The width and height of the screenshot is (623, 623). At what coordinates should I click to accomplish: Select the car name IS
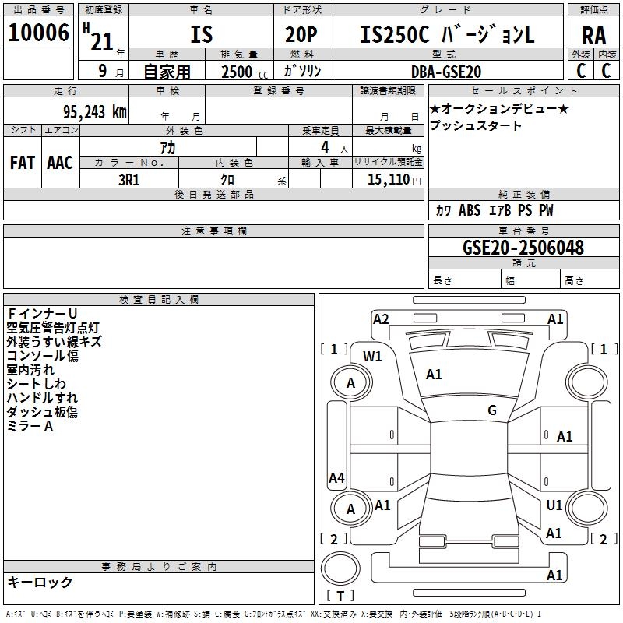click(201, 35)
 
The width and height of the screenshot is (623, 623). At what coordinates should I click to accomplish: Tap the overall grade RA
click(593, 35)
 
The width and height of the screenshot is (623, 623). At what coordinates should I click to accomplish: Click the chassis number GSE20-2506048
click(523, 248)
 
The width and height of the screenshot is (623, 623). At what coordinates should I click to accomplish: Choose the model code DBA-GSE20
click(446, 72)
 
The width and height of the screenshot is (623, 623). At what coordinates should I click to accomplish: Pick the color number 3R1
click(128, 179)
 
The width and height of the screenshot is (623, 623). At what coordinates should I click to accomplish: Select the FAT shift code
click(22, 163)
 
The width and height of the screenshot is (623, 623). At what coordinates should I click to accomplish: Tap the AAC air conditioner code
click(60, 163)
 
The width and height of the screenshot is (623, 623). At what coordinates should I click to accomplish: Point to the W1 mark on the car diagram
click(373, 357)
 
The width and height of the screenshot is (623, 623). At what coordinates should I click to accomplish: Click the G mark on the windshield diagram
click(492, 410)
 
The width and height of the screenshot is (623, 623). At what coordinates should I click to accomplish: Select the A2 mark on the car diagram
click(381, 319)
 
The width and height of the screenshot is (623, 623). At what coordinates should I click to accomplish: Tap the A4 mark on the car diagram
click(336, 478)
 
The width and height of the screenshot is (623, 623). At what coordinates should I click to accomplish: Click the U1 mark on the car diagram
click(554, 505)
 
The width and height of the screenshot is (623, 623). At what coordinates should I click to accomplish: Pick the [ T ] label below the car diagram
click(340, 597)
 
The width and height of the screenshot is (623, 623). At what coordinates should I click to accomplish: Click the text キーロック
click(40, 582)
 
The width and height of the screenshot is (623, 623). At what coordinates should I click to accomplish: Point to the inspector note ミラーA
click(30, 426)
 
